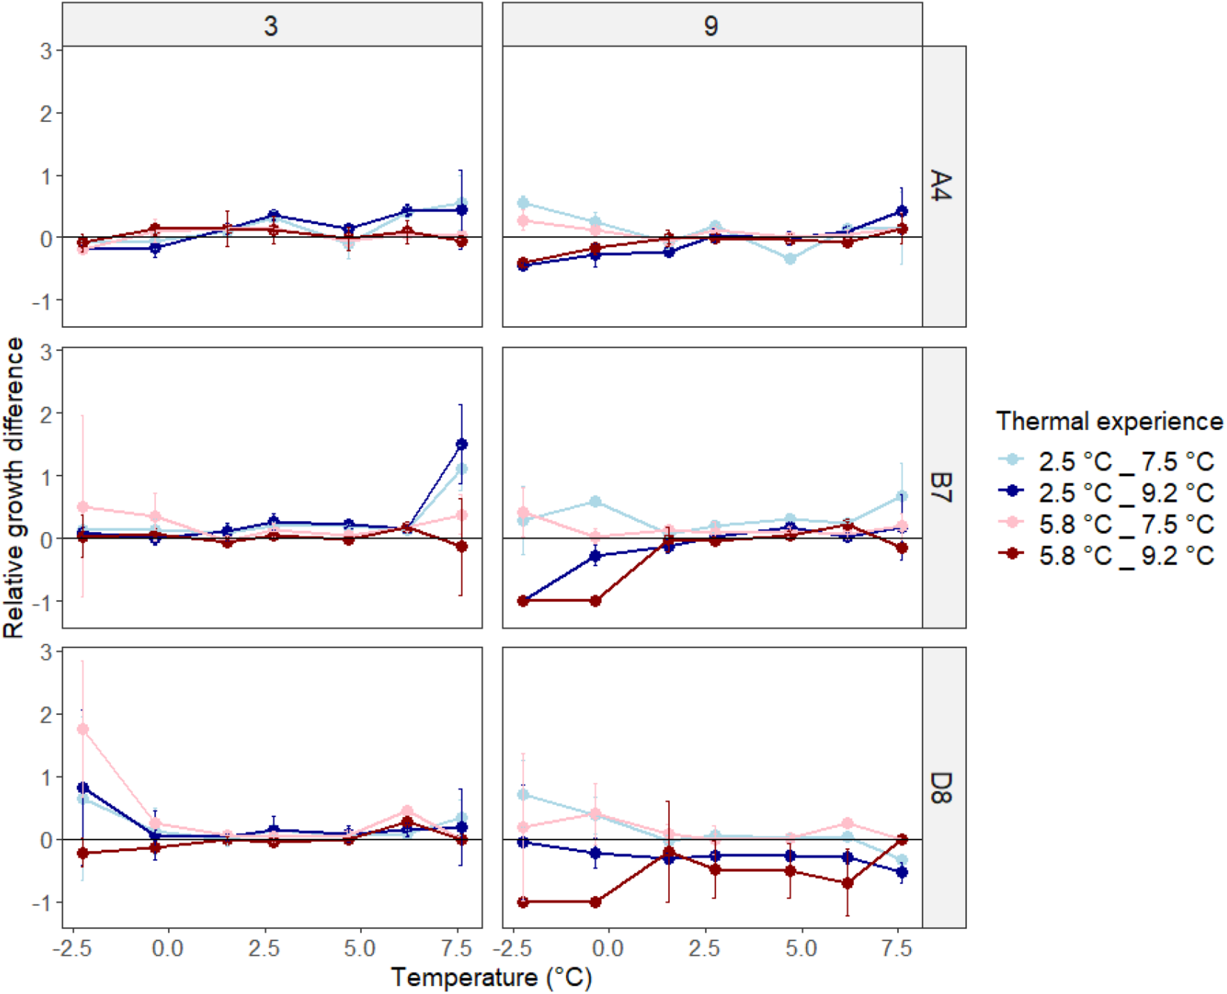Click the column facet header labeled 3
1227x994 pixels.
[271, 26]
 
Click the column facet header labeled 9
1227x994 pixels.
[711, 26]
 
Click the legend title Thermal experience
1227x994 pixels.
[1109, 422]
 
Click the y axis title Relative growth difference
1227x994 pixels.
[13, 487]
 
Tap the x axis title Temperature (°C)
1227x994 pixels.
[491, 977]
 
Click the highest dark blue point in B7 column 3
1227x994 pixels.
[461, 444]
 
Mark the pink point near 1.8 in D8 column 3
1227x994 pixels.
[82, 729]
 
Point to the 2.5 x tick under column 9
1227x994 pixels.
[704, 949]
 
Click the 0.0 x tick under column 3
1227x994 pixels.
[167, 949]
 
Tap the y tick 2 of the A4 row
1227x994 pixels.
[46, 113]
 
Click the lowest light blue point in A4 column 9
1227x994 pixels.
[790, 258]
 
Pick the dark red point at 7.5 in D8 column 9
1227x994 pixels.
[902, 839]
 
